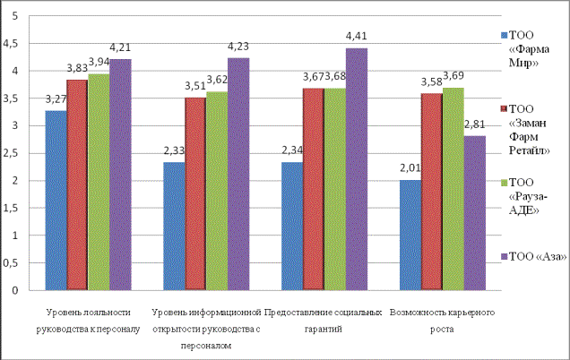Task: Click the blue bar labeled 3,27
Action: (x=55, y=201)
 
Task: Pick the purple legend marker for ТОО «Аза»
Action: (x=503, y=256)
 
